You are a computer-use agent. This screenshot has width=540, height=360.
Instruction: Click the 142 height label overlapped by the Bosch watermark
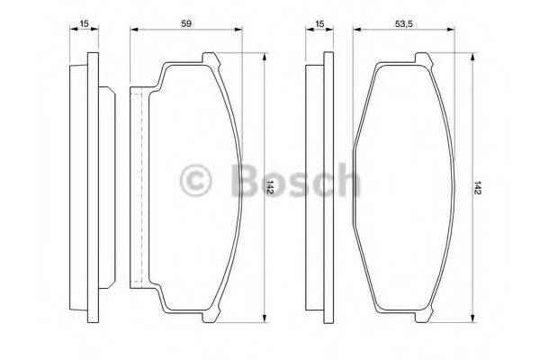[x=270, y=186]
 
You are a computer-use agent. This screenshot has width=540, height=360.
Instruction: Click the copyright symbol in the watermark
[x=196, y=181]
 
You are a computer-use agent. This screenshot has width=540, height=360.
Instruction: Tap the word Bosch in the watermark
[x=294, y=181]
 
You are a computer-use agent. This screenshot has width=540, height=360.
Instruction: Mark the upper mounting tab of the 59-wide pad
[x=210, y=60]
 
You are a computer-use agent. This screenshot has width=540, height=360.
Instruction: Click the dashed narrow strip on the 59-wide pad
[x=137, y=186]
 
